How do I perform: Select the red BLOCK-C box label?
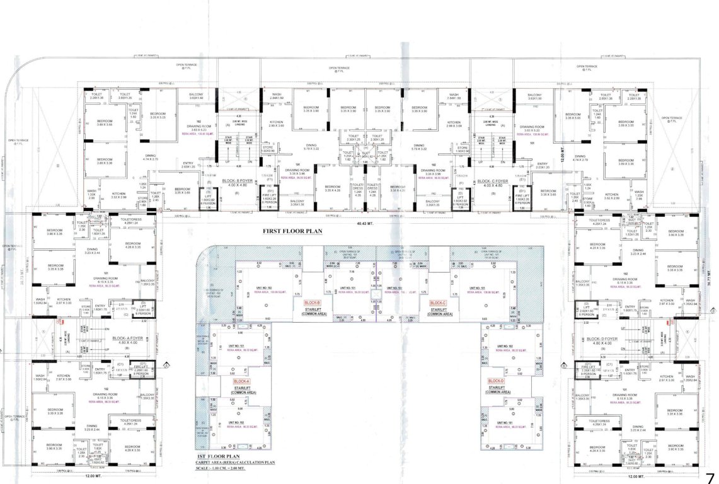pyautogui.click(x=439, y=303)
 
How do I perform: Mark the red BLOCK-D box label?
pyautogui.click(x=496, y=381)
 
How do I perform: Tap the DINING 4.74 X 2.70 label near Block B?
pyautogui.click(x=150, y=158)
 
